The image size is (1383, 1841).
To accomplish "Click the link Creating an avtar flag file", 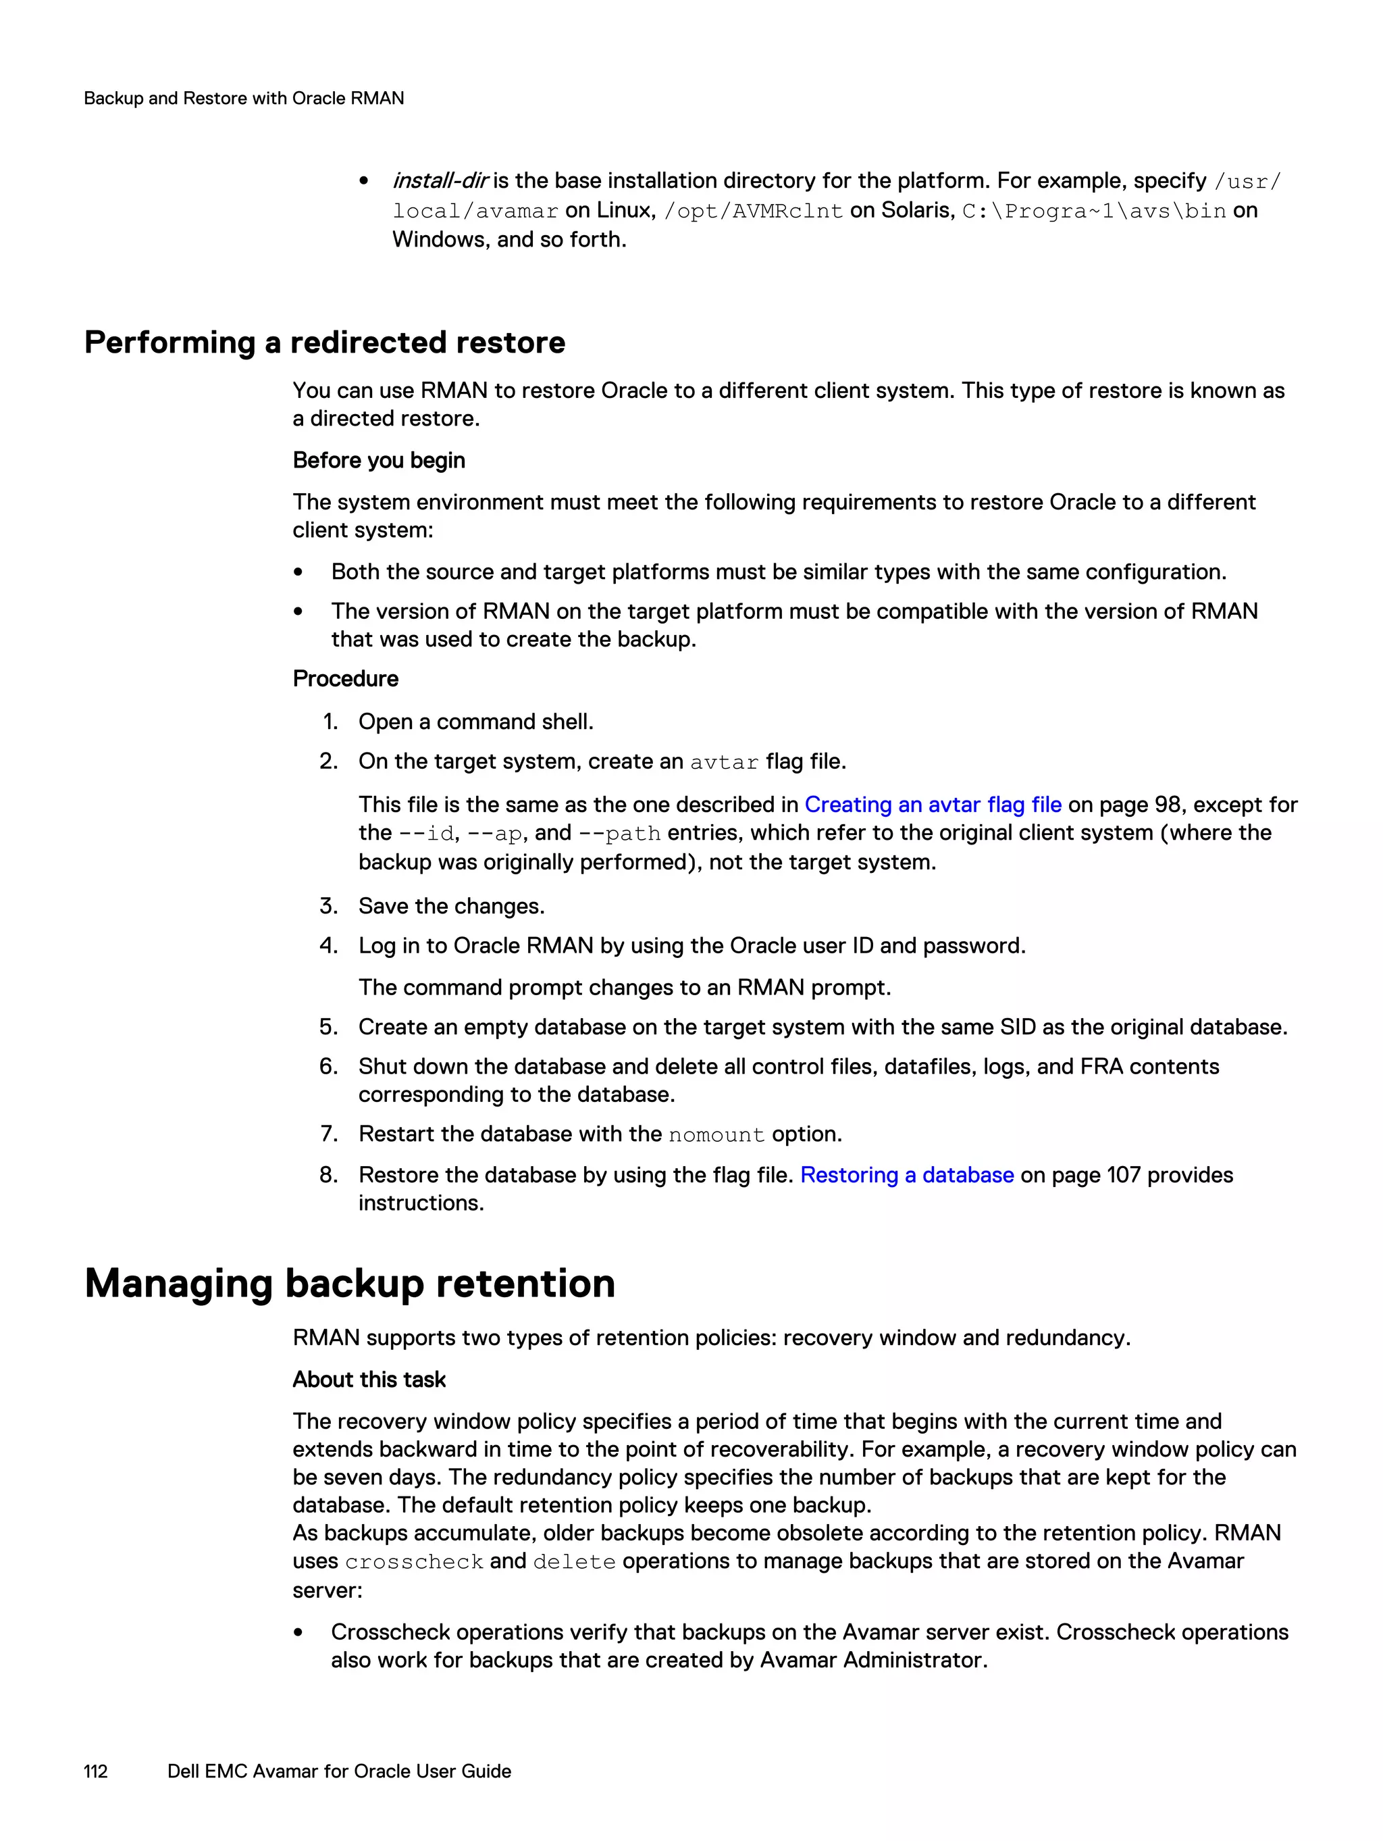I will coord(932,805).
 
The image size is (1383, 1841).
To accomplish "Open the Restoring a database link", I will coord(906,1175).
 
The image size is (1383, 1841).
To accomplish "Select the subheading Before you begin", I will coord(379,460).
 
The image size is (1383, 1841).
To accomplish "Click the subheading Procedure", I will coord(345,679).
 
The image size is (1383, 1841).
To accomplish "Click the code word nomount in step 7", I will coord(716,1135).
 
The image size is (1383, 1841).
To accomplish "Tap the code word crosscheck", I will coord(413,1562).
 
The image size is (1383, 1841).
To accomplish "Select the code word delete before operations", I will coord(574,1562).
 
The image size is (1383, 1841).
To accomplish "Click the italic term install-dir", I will coord(440,180).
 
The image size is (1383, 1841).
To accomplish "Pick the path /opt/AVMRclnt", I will coord(753,211).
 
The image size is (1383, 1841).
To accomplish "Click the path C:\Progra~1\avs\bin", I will coord(1093,211).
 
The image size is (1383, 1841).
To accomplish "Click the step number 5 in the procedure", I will coord(329,1027).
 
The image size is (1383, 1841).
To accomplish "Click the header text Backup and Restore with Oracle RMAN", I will coord(244,98).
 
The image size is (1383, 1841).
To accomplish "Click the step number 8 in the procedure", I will coord(329,1175).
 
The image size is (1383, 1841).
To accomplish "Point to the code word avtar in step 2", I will coord(724,762).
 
